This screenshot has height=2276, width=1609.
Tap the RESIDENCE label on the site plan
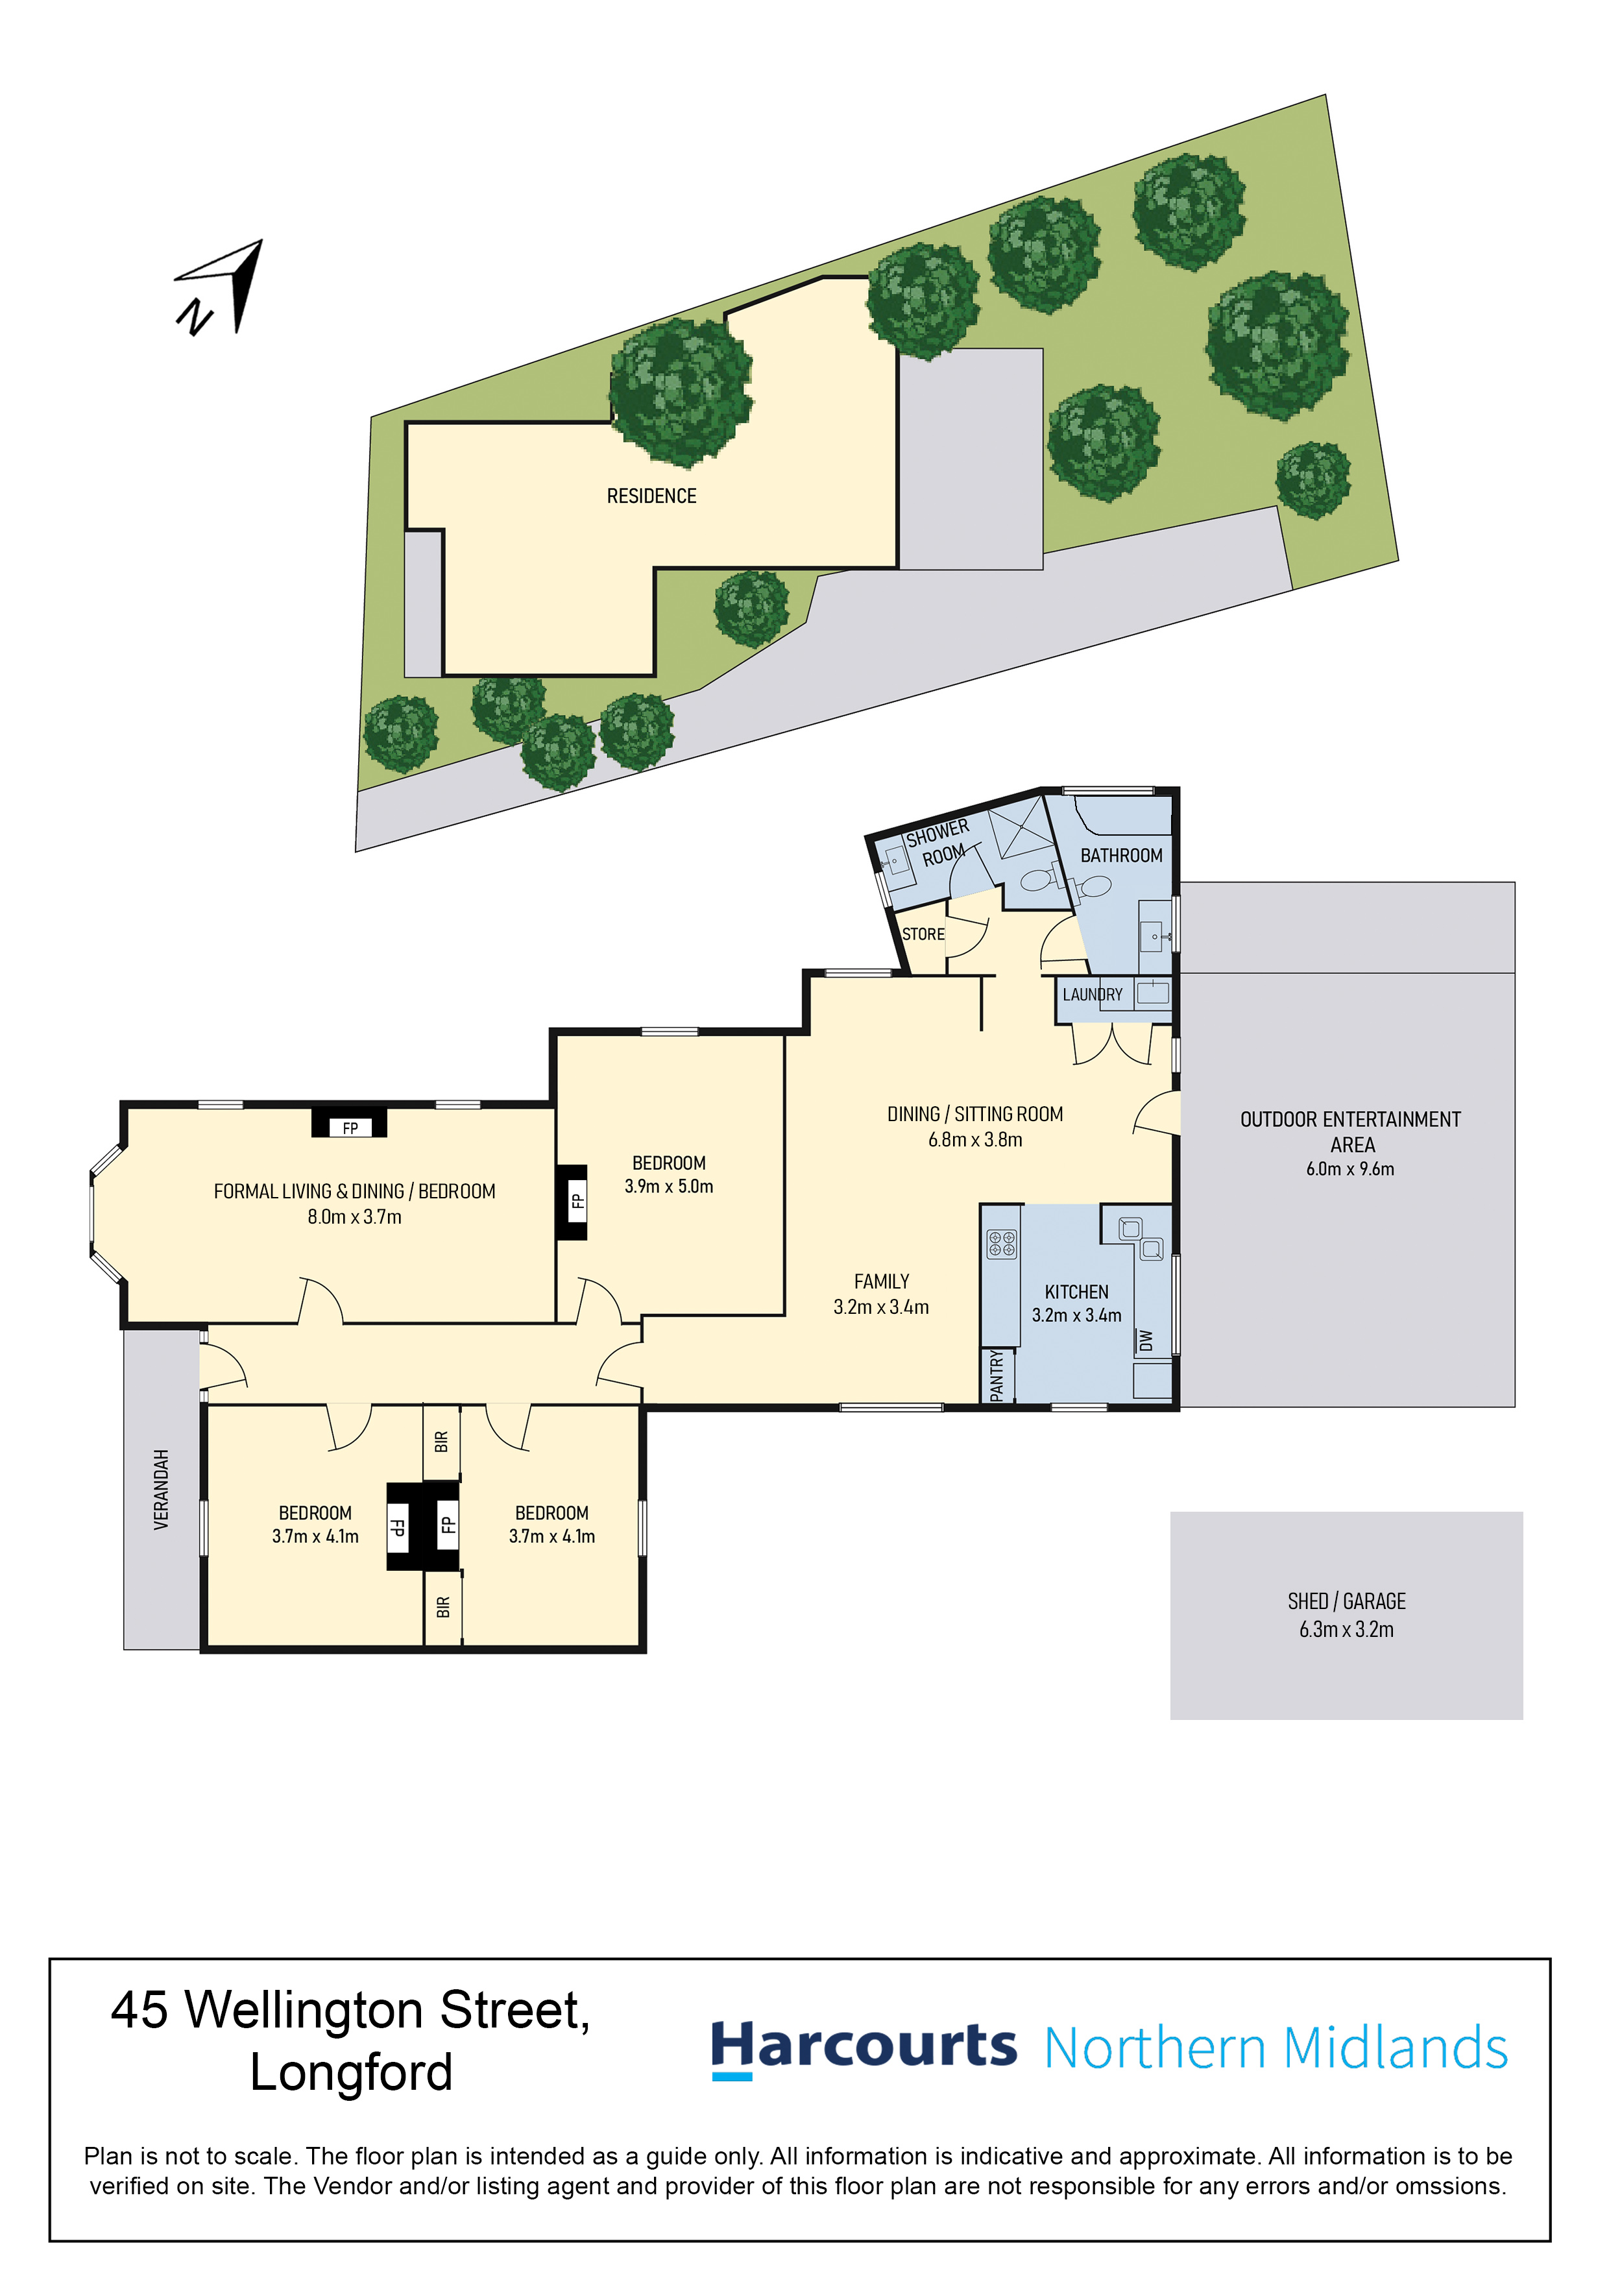pos(651,496)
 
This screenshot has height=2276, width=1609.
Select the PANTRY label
pos(997,1374)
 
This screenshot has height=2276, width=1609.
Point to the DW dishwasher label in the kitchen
pos(1146,1340)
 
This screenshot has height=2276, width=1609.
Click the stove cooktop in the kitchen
pos(1001,1243)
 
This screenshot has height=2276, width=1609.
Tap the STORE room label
pos(923,934)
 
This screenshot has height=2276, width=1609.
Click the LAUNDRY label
pos(1093,994)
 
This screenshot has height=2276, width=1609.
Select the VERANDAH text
pos(162,1489)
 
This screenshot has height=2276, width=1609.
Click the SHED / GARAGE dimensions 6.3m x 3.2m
pos(1346,1628)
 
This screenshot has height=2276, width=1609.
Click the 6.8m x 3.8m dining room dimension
pos(976,1139)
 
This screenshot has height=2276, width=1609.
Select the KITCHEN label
pos(1076,1292)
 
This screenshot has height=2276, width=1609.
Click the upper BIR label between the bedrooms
pos(442,1442)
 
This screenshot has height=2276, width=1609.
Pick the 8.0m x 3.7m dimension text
pos(355,1217)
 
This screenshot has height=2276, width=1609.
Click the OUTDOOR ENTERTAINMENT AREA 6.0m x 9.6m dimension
pos(1350,1168)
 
